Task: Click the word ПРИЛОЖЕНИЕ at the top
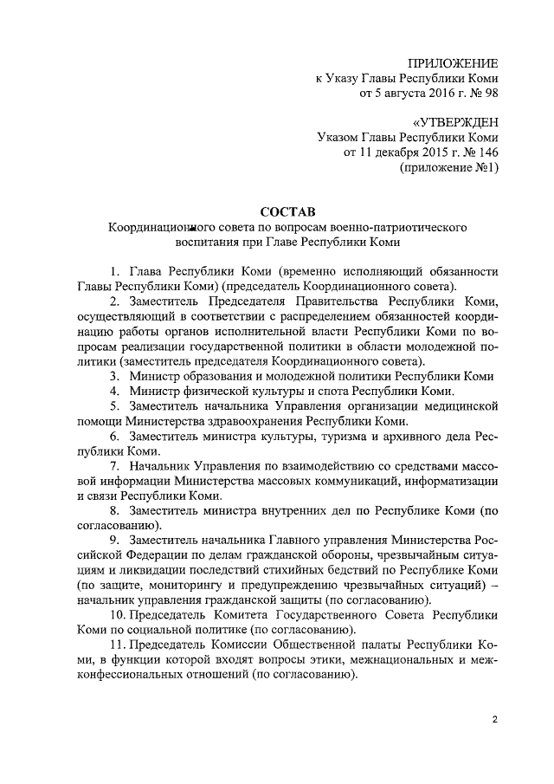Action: [452, 63]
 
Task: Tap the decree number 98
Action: [491, 93]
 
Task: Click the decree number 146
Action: [487, 152]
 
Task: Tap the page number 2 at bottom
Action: [494, 720]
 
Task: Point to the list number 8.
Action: [114, 511]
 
